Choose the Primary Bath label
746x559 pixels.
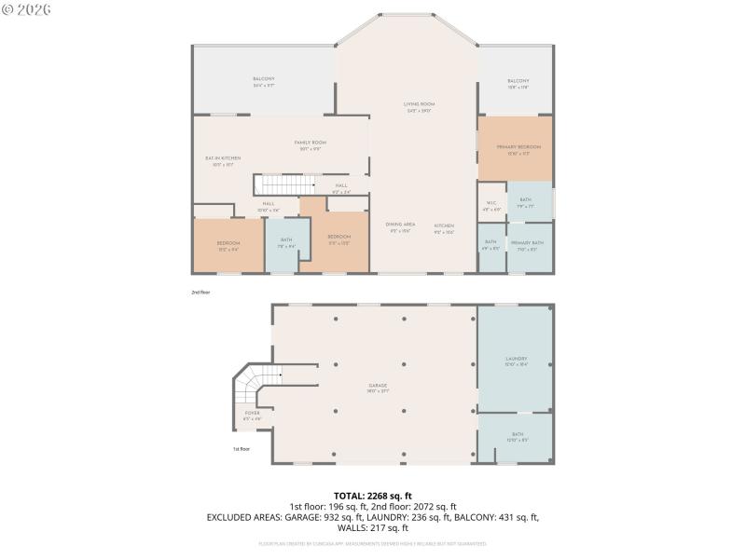527,245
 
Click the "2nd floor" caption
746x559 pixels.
201,292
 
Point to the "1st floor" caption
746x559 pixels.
242,449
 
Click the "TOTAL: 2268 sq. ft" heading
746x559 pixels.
373,496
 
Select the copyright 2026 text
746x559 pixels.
28,9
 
